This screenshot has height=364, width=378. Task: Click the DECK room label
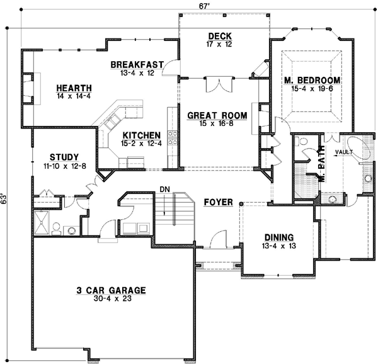coord(220,36)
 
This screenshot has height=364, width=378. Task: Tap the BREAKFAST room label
coord(137,64)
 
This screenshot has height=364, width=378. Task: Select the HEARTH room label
coord(74,88)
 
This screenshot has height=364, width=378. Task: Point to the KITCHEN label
coord(142,135)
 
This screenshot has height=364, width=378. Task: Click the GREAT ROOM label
coord(216,115)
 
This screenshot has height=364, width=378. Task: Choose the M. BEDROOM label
coord(312,80)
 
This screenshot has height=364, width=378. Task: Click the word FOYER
coord(218,202)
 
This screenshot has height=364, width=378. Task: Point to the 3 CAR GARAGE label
coord(111,290)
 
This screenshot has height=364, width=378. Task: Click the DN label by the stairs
coord(164,188)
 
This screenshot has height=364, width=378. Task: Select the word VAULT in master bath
coord(343,152)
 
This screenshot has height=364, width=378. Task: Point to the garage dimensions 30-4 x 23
coord(111,299)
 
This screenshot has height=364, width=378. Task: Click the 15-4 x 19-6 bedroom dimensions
coord(312,89)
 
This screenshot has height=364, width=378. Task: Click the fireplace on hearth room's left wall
coord(28,89)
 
